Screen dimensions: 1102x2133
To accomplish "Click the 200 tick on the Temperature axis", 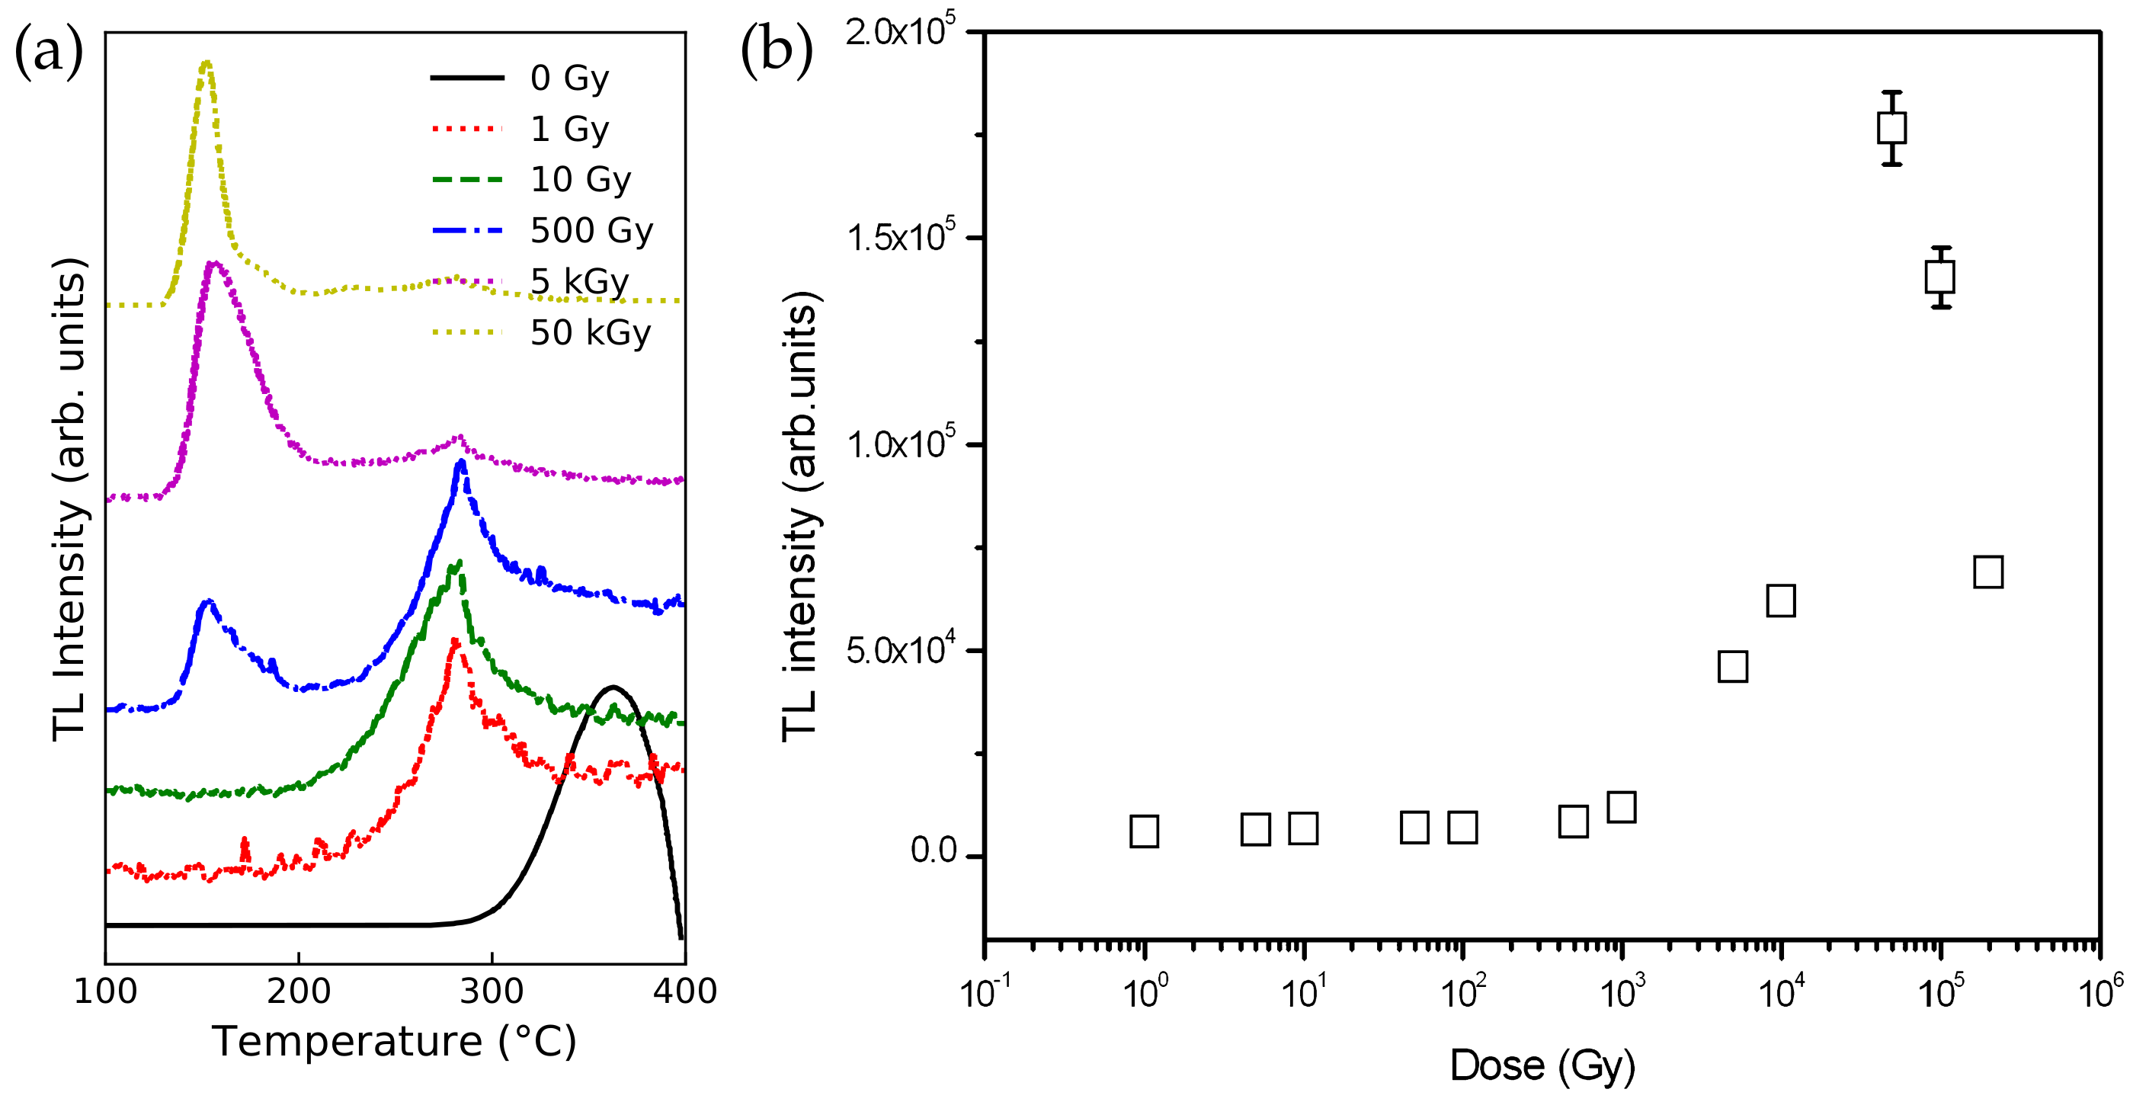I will click(299, 990).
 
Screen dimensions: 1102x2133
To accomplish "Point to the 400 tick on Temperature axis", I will click(685, 990).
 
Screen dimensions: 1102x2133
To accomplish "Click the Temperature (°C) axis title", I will click(394, 1042).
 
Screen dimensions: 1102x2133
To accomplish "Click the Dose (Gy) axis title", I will click(1542, 1065).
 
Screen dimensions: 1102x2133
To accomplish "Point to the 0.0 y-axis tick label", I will click(934, 851).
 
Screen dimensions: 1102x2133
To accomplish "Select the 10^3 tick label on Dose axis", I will click(1622, 990).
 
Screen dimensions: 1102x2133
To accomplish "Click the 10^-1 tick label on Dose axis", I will click(985, 990).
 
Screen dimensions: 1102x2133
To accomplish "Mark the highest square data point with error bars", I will click(1891, 128).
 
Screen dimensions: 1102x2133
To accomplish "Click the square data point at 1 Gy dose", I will click(1144, 831).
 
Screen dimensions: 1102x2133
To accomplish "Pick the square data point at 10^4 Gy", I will click(1780, 601).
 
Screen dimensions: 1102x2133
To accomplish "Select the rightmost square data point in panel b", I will click(1988, 572).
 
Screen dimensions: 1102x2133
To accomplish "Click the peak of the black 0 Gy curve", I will click(613, 687).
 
